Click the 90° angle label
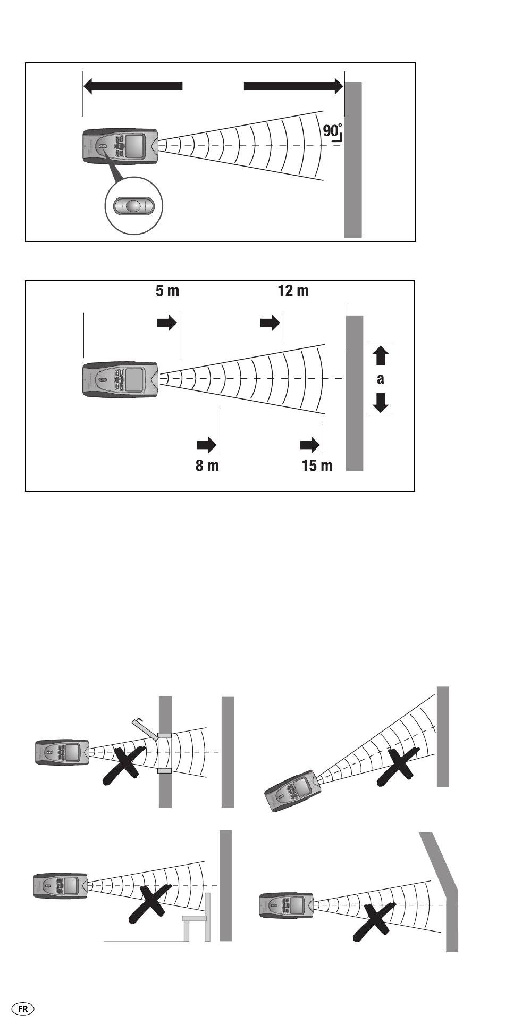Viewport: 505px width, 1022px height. (332, 130)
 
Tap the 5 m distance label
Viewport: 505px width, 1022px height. (167, 291)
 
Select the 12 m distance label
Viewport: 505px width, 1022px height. (293, 291)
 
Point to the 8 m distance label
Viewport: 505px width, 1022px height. (207, 466)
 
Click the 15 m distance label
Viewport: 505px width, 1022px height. (317, 466)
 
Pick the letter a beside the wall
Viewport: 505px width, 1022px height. (381, 379)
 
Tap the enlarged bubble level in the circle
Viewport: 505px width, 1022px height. (134, 205)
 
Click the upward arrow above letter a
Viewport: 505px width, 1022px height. (381, 355)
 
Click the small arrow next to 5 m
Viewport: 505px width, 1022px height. (167, 323)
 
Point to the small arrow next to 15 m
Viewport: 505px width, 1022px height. (310, 444)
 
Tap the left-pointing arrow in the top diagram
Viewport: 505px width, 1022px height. (133, 86)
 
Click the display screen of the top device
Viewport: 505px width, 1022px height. (136, 145)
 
